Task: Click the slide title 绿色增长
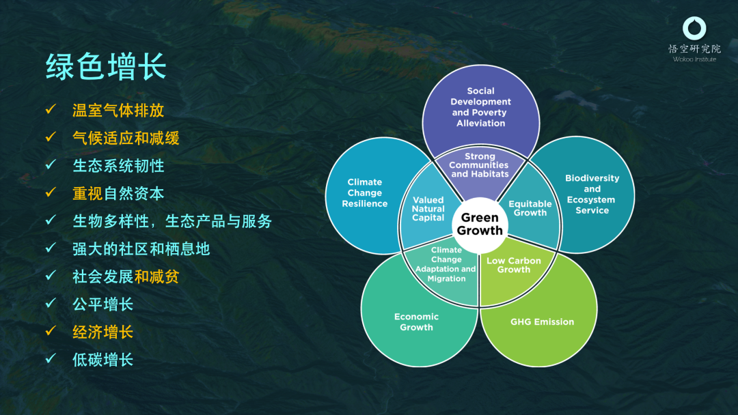(x=106, y=67)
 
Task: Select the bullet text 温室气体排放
(x=118, y=111)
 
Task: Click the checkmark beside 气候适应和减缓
(x=51, y=137)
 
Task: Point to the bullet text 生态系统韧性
(x=118, y=166)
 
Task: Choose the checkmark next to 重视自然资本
(x=51, y=192)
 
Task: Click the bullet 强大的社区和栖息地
(x=141, y=249)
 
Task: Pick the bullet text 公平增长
(x=102, y=304)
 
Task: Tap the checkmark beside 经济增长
(x=51, y=331)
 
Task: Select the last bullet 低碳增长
(x=102, y=360)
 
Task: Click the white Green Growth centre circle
(x=480, y=225)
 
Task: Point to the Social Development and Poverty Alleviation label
(x=480, y=107)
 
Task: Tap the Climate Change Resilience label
(x=365, y=192)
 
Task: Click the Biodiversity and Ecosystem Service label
(x=592, y=194)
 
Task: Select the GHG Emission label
(x=542, y=322)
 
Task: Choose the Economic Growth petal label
(x=417, y=322)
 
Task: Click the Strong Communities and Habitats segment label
(x=479, y=165)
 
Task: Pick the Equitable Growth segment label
(x=530, y=208)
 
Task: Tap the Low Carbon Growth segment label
(x=513, y=265)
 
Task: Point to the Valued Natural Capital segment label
(x=428, y=209)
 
